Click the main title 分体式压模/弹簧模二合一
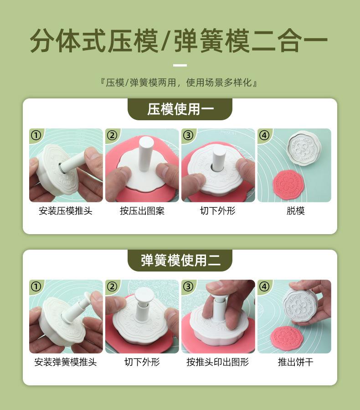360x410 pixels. pyautogui.click(x=179, y=41)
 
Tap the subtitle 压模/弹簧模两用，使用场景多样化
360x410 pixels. pyautogui.click(x=179, y=82)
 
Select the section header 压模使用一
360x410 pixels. pyautogui.click(x=180, y=109)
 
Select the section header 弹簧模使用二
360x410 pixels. pyautogui.click(x=180, y=260)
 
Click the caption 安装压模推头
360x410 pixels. pyautogui.click(x=66, y=211)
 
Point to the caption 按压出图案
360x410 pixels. pyautogui.click(x=142, y=211)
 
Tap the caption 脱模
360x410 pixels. pyautogui.click(x=296, y=211)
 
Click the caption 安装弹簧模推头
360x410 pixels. pyautogui.click(x=66, y=362)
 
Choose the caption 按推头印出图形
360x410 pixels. pyautogui.click(x=218, y=362)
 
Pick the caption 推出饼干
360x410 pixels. pyautogui.click(x=296, y=362)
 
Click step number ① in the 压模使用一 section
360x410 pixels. pyautogui.click(x=36, y=135)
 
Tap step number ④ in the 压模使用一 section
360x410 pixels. pyautogui.click(x=264, y=135)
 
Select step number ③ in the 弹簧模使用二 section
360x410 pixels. pyautogui.click(x=188, y=287)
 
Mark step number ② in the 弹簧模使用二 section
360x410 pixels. pyautogui.click(x=112, y=287)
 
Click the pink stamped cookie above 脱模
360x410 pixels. pyautogui.click(x=287, y=184)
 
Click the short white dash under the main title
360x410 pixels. pyautogui.click(x=180, y=65)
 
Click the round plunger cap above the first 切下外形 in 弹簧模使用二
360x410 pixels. pyautogui.click(x=144, y=294)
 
